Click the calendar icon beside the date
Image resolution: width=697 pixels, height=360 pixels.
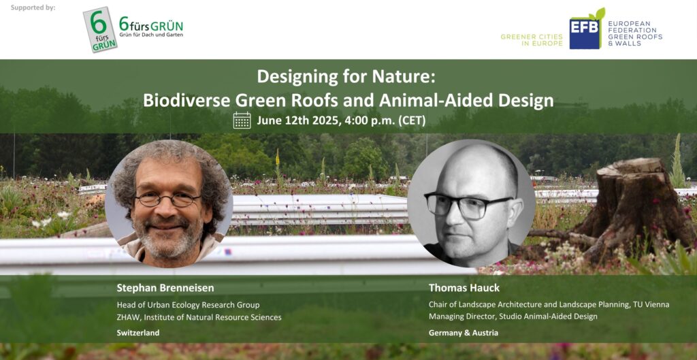pyautogui.click(x=242, y=120)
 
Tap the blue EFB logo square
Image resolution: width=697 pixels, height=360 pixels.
pyautogui.click(x=584, y=33)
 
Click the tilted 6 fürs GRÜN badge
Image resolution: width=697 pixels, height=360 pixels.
pyautogui.click(x=100, y=30)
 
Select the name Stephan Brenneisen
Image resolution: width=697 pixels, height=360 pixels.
pyautogui.click(x=165, y=288)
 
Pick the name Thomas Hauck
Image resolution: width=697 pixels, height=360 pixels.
pyautogui.click(x=464, y=288)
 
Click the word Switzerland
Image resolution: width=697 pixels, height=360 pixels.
pyautogui.click(x=137, y=333)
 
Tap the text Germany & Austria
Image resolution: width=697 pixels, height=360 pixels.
pyautogui.click(x=463, y=333)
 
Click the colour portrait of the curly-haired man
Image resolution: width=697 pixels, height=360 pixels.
pyautogui.click(x=169, y=203)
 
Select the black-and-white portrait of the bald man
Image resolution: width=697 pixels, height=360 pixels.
pyautogui.click(x=471, y=203)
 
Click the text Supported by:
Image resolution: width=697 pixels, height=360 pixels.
pyautogui.click(x=33, y=7)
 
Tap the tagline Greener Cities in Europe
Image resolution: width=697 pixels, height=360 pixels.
pyautogui.click(x=532, y=40)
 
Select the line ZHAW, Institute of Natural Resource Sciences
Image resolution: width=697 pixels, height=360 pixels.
pyautogui.click(x=199, y=317)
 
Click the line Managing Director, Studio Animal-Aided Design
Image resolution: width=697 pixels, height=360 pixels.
pyautogui.click(x=513, y=316)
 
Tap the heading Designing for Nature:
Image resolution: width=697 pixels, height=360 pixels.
pyautogui.click(x=345, y=77)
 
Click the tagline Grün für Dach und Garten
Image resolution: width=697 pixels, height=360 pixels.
pyautogui.click(x=150, y=34)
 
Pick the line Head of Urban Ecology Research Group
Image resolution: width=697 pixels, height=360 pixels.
pyautogui.click(x=188, y=306)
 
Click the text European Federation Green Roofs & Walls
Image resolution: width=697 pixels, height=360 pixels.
pyautogui.click(x=635, y=33)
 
